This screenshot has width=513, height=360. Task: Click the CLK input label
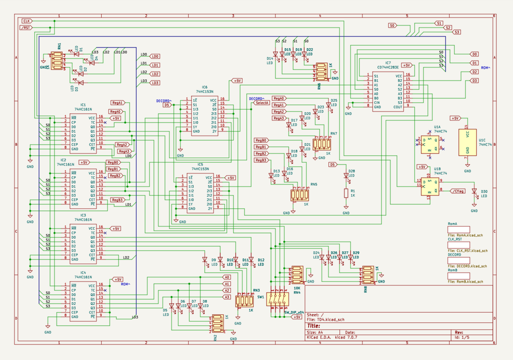pos(27,21)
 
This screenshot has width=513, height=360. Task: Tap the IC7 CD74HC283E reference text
pos(388,65)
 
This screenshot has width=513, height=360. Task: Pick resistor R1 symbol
pos(346,193)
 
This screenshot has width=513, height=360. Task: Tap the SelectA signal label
pos(262,103)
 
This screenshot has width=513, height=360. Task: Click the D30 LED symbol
pos(474,192)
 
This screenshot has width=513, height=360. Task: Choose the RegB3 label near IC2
pos(118,200)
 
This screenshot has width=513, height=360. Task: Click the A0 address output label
pos(227,277)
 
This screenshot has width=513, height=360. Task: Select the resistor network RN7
pos(321,144)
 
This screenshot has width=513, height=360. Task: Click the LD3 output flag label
pos(155,83)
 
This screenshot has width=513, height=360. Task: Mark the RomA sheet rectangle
pos(458,229)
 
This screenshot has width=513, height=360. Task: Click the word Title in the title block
pos(314,326)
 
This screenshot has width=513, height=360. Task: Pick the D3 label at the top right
pos(474,81)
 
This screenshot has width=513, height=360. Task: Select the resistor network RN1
pos(56,61)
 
